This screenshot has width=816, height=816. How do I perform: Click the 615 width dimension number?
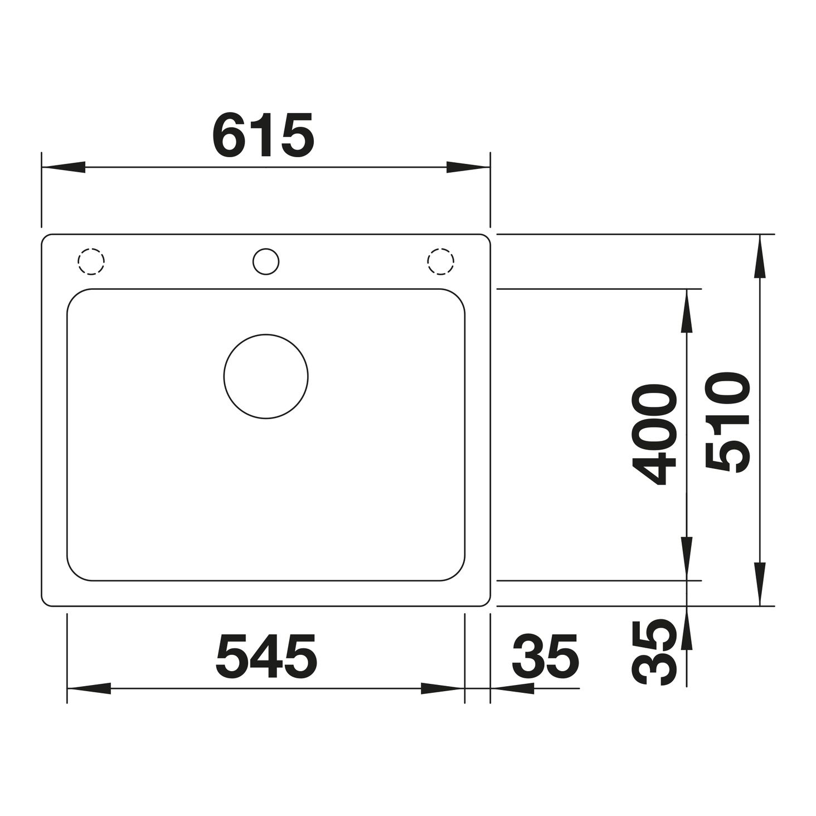tap(263, 134)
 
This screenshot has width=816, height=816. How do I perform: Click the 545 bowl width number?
tap(266, 656)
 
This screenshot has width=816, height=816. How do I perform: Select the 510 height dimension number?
tap(727, 422)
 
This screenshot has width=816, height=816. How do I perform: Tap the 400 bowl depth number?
tap(654, 434)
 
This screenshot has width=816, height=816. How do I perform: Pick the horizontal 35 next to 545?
tap(545, 656)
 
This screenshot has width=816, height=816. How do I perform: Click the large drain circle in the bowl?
tap(266, 376)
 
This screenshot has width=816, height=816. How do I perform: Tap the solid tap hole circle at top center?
tap(266, 261)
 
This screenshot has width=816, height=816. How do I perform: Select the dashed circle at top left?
tap(91, 261)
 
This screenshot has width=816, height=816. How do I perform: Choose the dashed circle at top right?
tap(441, 261)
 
